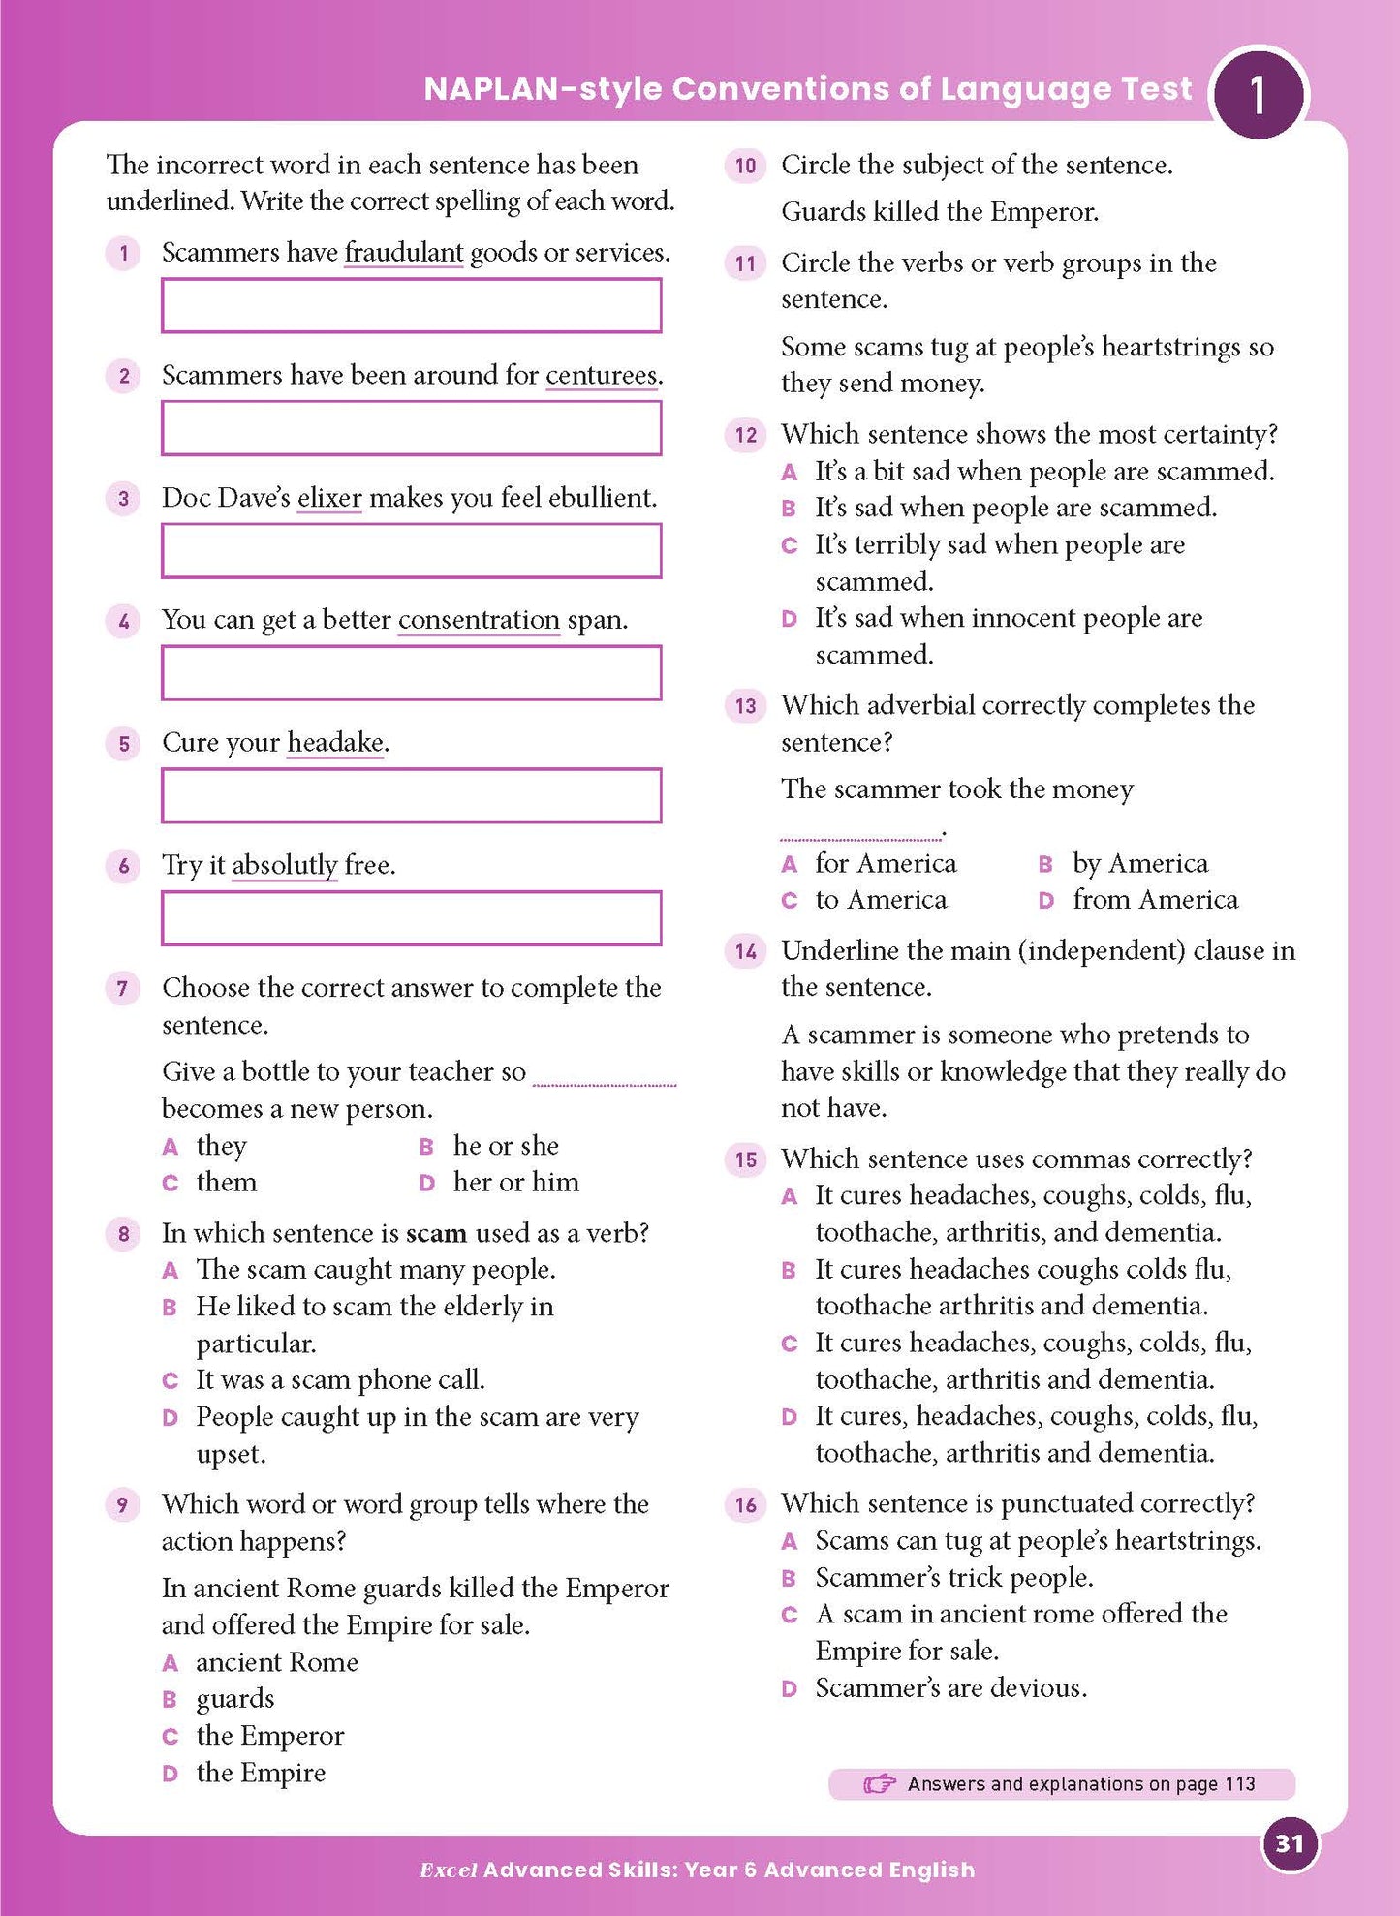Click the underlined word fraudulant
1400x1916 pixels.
(x=403, y=253)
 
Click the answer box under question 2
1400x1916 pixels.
(x=411, y=428)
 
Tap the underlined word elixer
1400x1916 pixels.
(x=329, y=498)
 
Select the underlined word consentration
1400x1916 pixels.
(x=479, y=620)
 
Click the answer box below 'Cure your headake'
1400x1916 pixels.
(x=411, y=795)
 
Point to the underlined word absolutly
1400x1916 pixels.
(x=284, y=865)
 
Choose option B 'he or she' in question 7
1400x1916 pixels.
(x=505, y=1146)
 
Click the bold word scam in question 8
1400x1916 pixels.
(x=436, y=1233)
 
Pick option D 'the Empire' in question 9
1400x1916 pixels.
(x=260, y=1773)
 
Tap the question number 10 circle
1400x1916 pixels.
(x=745, y=166)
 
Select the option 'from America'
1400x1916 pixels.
(x=1154, y=900)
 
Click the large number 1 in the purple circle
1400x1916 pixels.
(x=1258, y=95)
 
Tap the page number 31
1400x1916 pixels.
(x=1289, y=1843)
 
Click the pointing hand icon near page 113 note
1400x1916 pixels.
(x=879, y=1783)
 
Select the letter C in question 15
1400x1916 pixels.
(x=789, y=1344)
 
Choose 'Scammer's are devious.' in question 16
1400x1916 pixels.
(x=949, y=1688)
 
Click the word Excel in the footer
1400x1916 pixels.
(x=448, y=1870)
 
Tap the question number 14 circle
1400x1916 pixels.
(x=745, y=951)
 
